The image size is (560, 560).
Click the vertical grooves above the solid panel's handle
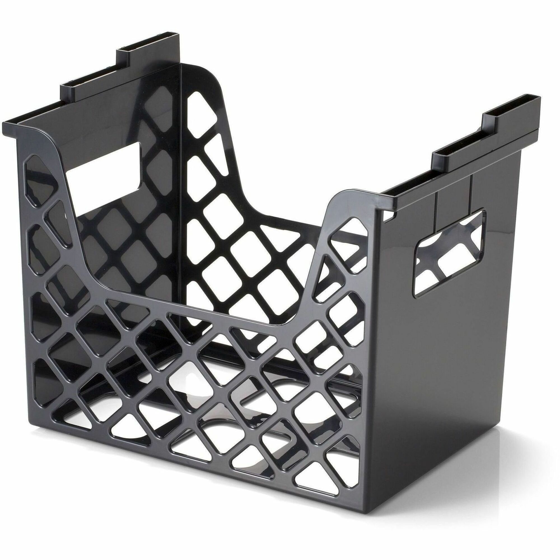coord(452,200)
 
